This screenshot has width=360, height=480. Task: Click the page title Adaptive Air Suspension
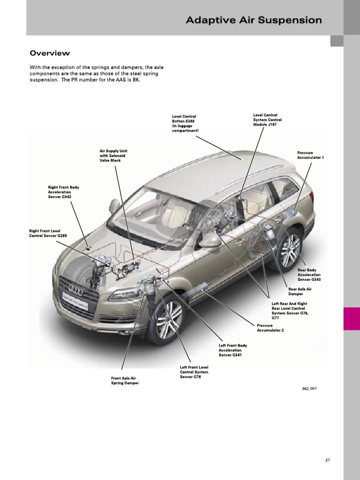[254, 20]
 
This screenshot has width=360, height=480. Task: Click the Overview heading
[50, 53]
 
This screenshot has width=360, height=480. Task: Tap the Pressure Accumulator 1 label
[310, 155]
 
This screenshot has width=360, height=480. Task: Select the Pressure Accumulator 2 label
[270, 328]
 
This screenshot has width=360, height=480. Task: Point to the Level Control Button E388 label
[185, 123]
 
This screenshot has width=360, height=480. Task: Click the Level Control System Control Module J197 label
[267, 120]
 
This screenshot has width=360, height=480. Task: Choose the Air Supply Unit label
[113, 156]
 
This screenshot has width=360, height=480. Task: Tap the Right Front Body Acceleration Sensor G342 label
[63, 192]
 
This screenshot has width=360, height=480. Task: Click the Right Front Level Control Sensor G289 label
[48, 233]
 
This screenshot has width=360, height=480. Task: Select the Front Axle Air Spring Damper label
[125, 381]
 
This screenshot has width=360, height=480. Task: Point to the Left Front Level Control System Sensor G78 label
[194, 372]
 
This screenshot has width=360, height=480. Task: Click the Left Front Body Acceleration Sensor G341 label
[232, 350]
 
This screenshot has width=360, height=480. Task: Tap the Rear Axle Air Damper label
[300, 292]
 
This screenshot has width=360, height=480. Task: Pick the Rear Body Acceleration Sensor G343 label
[309, 275]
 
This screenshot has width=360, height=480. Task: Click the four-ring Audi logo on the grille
[75, 289]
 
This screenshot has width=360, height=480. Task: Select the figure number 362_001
[309, 389]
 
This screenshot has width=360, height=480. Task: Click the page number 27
[328, 460]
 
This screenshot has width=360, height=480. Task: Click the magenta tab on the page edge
[352, 319]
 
